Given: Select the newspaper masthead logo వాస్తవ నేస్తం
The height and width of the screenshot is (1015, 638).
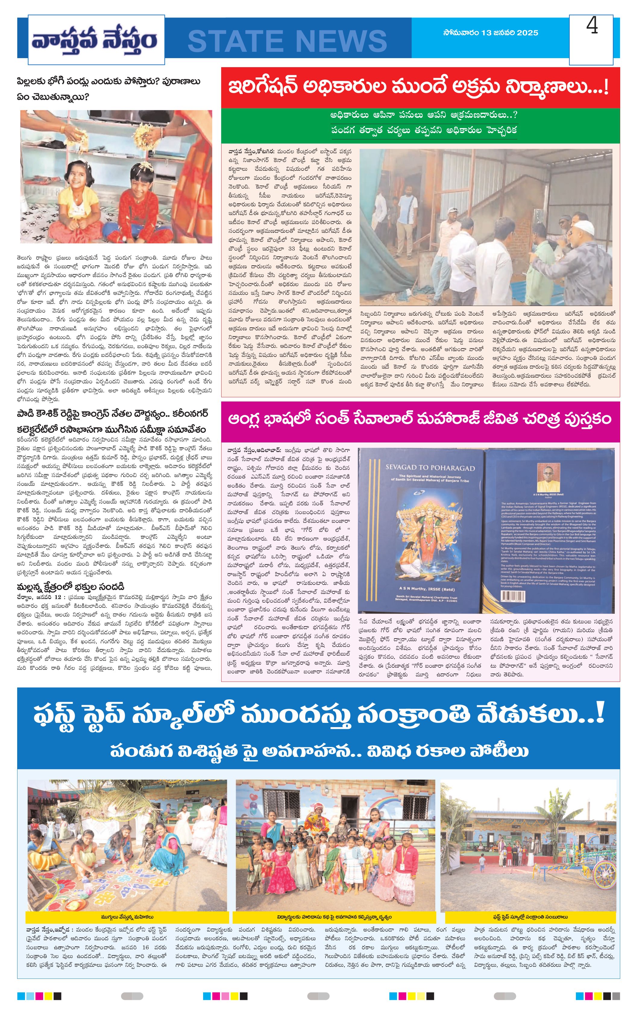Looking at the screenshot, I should [94, 40].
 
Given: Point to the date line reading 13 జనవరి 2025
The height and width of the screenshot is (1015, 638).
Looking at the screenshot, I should [490, 33].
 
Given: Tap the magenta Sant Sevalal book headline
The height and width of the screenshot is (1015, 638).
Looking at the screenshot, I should [420, 420].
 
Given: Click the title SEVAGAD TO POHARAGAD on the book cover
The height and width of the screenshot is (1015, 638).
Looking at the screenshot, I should [430, 468].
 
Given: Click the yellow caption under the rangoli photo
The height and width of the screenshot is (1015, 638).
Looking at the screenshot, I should [127, 917].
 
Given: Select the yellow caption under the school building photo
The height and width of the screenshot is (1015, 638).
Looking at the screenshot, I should [530, 917].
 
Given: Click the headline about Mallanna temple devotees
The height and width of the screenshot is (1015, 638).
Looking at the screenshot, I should [71, 587].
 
